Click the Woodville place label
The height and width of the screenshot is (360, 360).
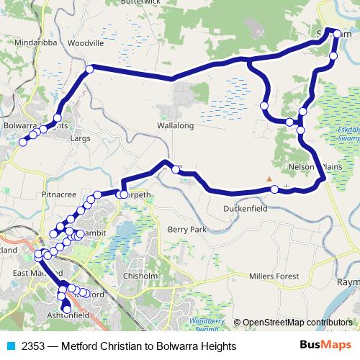86,43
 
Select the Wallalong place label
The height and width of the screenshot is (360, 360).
176,125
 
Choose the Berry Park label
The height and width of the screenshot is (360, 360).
187,229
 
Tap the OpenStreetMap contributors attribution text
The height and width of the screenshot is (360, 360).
297,323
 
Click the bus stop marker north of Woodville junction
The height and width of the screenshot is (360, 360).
90,69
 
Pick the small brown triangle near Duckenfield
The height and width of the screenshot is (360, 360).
269,179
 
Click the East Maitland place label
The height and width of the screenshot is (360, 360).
37,274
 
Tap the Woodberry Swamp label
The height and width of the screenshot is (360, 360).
207,323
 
